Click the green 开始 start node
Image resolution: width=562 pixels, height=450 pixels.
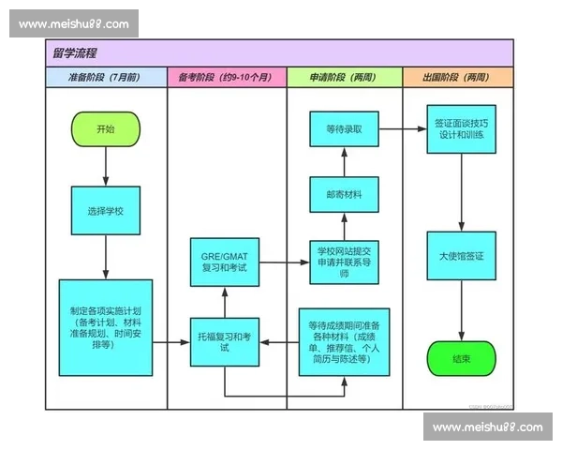pos(105,129)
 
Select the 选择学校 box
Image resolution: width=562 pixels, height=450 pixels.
pos(105,210)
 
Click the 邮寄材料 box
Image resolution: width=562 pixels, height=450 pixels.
pos(344,195)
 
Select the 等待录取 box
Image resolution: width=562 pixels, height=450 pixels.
pos(344,129)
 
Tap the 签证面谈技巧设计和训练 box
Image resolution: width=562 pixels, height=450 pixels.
pos(461,129)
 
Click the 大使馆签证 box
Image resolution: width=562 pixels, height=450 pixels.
pos(461,255)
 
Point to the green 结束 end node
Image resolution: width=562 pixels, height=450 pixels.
pos(461,359)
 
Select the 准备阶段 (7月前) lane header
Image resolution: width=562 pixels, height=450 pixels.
pos(105,77)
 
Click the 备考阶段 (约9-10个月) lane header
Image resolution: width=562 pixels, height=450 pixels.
pos(225,77)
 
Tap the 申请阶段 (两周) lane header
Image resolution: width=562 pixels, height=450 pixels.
pos(344,77)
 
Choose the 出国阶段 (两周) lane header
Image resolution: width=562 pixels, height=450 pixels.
pos(459,77)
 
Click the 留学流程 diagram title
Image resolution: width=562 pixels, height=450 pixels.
pos(77,52)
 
